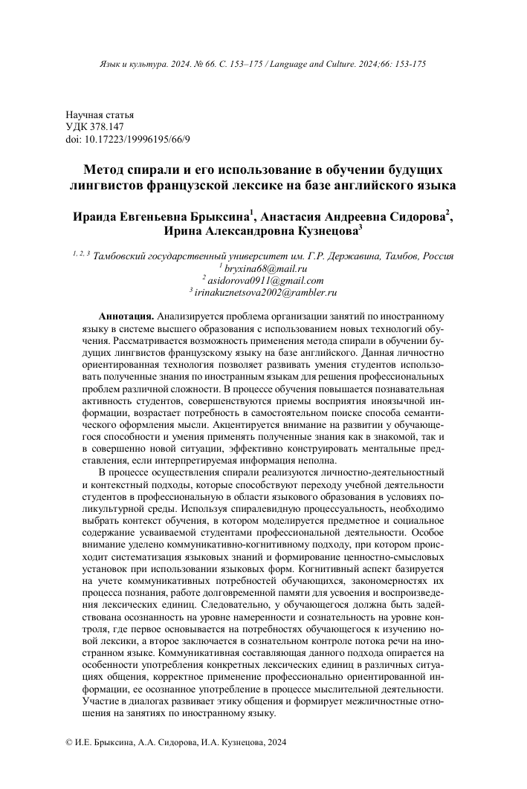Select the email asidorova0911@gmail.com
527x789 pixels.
266,280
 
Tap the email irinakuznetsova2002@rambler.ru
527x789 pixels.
266,293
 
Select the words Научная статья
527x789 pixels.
100,115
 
